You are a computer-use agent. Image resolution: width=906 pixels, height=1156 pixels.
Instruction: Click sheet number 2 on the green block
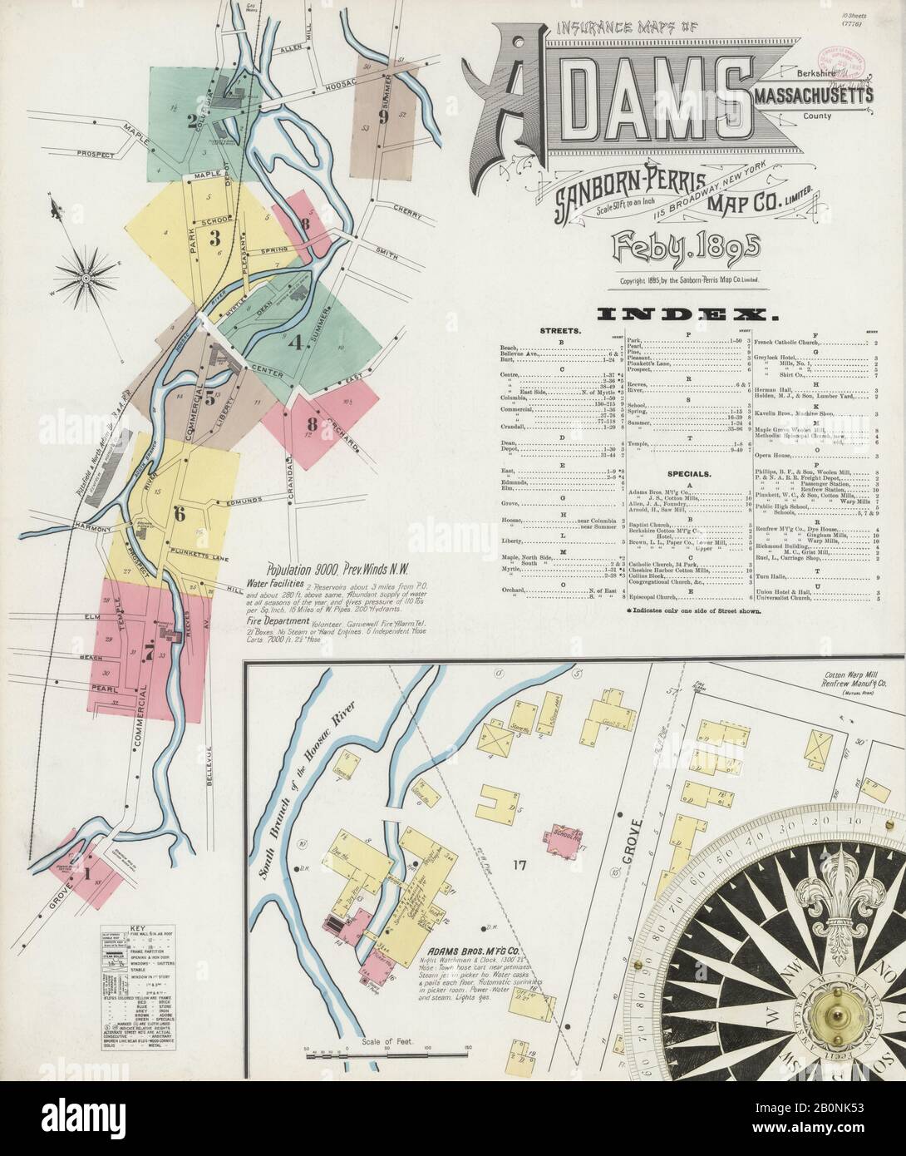[x=192, y=122]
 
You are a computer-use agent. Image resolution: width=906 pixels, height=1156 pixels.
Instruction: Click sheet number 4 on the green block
[x=293, y=341]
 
